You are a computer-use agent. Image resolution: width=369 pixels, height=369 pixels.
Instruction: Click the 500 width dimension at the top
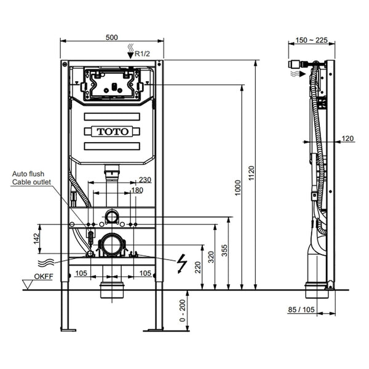click(111, 37)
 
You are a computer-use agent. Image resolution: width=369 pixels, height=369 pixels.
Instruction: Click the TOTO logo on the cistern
click(112, 131)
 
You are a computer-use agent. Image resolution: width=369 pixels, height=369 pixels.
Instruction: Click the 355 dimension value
click(224, 253)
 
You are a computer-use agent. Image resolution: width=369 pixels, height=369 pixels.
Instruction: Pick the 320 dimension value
click(211, 257)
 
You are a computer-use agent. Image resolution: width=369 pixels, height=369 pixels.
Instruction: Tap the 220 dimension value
click(197, 267)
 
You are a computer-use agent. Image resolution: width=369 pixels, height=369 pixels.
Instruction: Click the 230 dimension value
click(145, 180)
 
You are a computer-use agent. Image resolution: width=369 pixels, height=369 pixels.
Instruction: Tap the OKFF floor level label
click(43, 277)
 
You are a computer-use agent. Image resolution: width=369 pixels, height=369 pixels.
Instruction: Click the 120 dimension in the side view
click(348, 139)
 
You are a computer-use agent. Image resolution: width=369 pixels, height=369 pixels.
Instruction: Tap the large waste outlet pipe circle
click(112, 245)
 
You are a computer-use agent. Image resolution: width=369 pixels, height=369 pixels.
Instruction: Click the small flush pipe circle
click(112, 216)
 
